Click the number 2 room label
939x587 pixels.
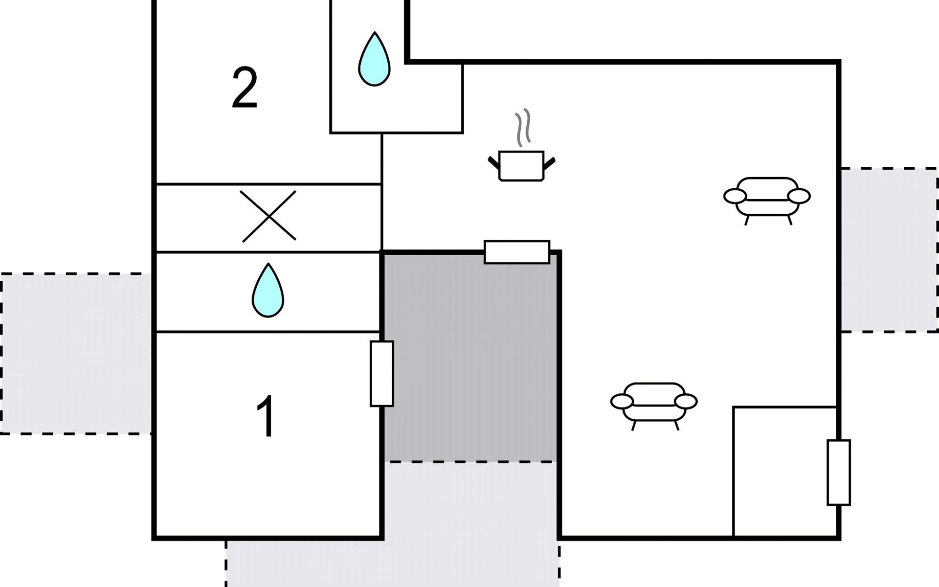tap(245, 89)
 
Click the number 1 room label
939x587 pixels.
tap(266, 416)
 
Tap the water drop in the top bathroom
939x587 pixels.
tap(374, 59)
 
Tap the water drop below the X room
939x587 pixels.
tap(268, 290)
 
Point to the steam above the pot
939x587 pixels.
tap(523, 127)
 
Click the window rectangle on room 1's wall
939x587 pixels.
tap(382, 374)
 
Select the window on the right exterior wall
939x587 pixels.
tap(839, 473)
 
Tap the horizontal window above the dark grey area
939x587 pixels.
tap(517, 252)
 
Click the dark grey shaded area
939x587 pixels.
tap(470, 357)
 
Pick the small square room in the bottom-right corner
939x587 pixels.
tap(785, 472)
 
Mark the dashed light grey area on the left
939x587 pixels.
tap(76, 354)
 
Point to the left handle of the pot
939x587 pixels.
tap(494, 162)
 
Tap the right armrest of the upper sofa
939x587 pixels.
tap(799, 196)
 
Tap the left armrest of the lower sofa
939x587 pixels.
tap(622, 402)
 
